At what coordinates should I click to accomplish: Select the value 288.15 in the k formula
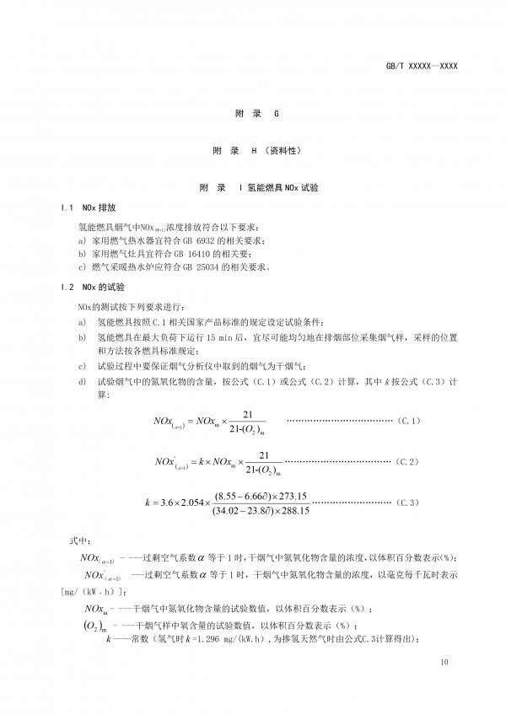click(x=294, y=510)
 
